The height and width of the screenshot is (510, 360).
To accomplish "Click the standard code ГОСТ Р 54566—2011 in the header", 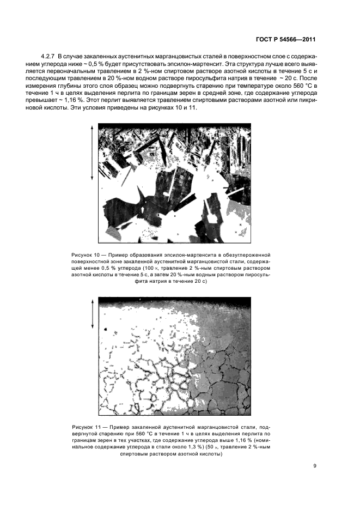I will click(x=285, y=39).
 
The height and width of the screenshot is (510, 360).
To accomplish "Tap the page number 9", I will click(x=315, y=465).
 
